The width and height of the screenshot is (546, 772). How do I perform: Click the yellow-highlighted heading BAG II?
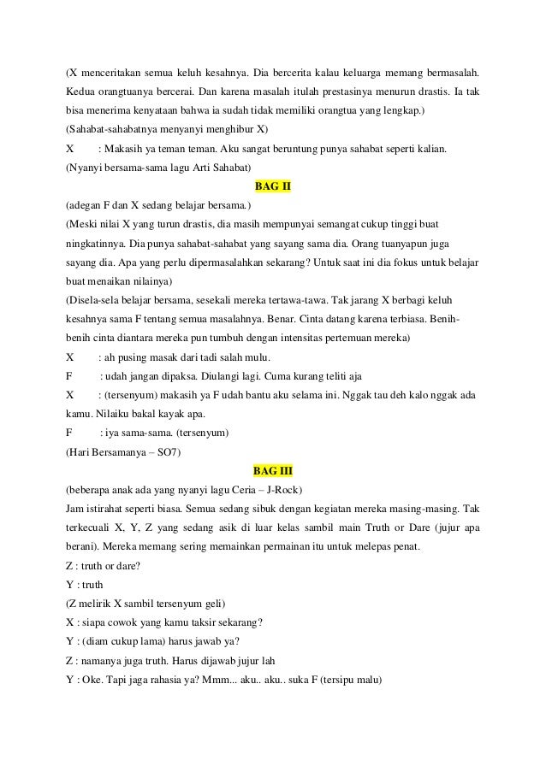point(273,186)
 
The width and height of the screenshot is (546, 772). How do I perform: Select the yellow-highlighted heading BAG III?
point(273,469)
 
